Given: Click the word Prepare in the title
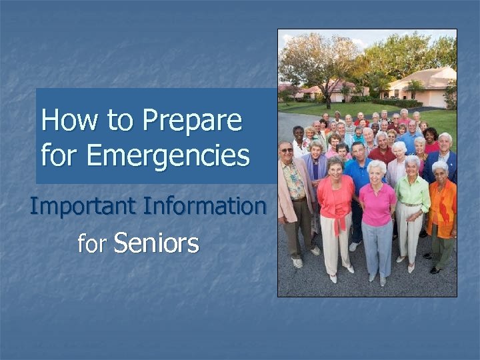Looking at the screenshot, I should coord(192,121).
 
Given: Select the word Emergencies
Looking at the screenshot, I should coord(168,156).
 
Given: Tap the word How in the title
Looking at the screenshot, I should coord(63,121).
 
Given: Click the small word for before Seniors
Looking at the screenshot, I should coord(92,245).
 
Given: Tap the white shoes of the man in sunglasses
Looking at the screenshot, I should coord(297,263).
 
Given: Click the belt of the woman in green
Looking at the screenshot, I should coord(411,204).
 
